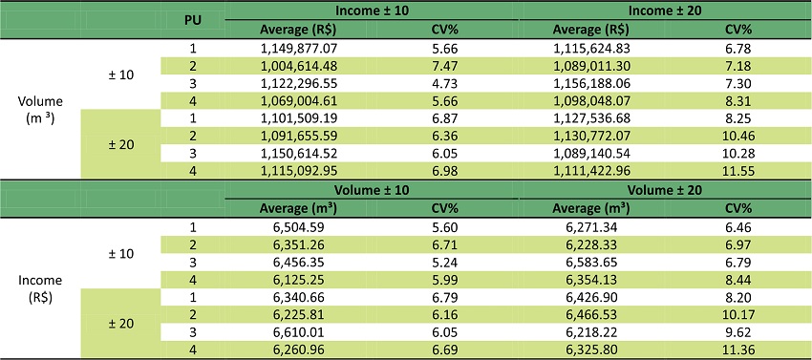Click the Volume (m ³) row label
41,108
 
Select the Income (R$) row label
41,288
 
